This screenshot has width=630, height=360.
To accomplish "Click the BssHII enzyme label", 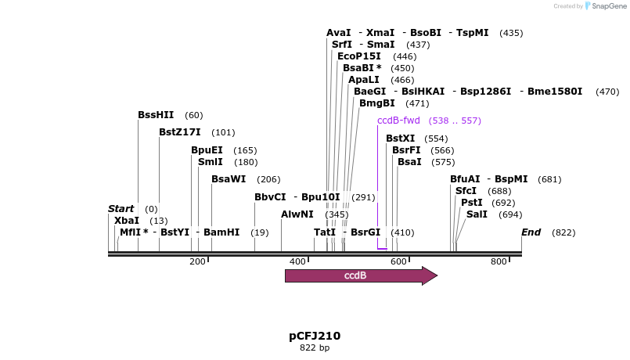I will tap(156, 115).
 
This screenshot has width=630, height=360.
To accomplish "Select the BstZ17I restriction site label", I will tap(180, 132).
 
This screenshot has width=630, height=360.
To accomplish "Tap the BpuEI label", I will tap(207, 150).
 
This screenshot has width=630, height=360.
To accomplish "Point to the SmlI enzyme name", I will tap(211, 162).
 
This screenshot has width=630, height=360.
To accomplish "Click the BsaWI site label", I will tap(229, 179).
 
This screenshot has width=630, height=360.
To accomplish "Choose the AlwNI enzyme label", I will tap(297, 214).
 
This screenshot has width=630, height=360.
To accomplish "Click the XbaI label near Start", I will tap(127, 221).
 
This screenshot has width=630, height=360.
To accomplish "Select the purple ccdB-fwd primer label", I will tap(398, 121).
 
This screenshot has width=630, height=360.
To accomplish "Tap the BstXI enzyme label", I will tap(401, 139).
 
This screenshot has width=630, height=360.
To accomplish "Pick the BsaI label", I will tap(409, 162).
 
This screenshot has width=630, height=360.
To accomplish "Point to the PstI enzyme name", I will tap(471, 203).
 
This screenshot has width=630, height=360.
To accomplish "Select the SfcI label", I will tap(466, 191).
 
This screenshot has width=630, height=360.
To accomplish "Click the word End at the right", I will tap(531, 232).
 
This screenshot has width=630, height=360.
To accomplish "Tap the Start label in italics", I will tap(121, 209).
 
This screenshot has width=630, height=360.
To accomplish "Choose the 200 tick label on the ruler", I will tap(197, 261).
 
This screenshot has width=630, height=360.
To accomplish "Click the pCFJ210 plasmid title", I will tap(315, 336).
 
